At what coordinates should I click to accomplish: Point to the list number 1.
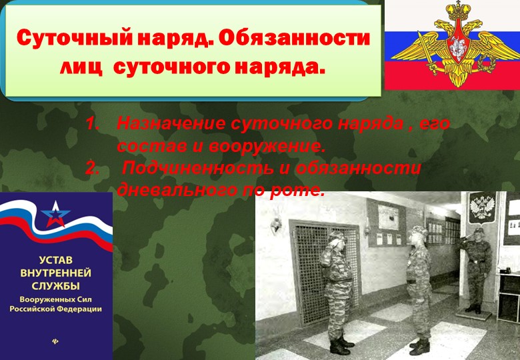pyautogui.click(x=94, y=125)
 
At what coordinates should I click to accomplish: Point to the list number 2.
pyautogui.click(x=94, y=169)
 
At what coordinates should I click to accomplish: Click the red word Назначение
pyautogui.click(x=170, y=125)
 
